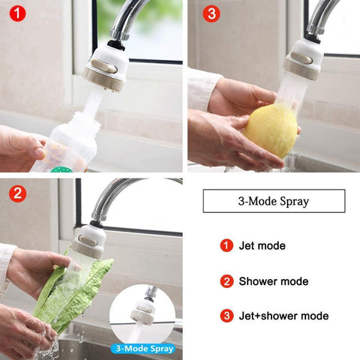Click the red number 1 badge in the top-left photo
[x=16, y=13]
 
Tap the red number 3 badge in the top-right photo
[x=211, y=13]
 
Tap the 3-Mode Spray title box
[x=274, y=201]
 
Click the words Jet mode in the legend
[x=262, y=245]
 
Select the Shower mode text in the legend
[x=273, y=281]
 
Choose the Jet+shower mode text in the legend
[x=283, y=316]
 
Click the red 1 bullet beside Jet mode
[x=226, y=245]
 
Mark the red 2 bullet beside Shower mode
[x=226, y=281]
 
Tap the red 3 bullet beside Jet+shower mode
[x=226, y=316]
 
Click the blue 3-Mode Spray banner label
[x=145, y=349]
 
